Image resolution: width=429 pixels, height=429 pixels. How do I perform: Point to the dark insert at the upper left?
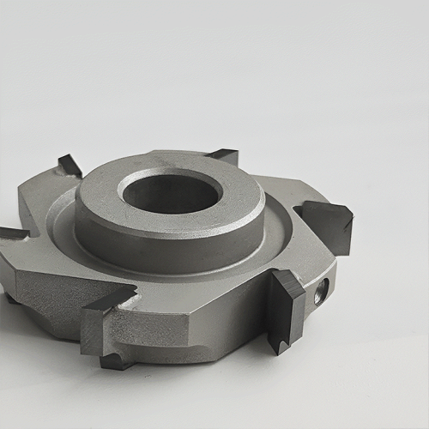[x=69, y=164]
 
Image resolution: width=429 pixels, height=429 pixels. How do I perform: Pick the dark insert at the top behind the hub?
[x=224, y=155]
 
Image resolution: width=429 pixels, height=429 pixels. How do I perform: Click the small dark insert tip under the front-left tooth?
[x=116, y=361]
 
